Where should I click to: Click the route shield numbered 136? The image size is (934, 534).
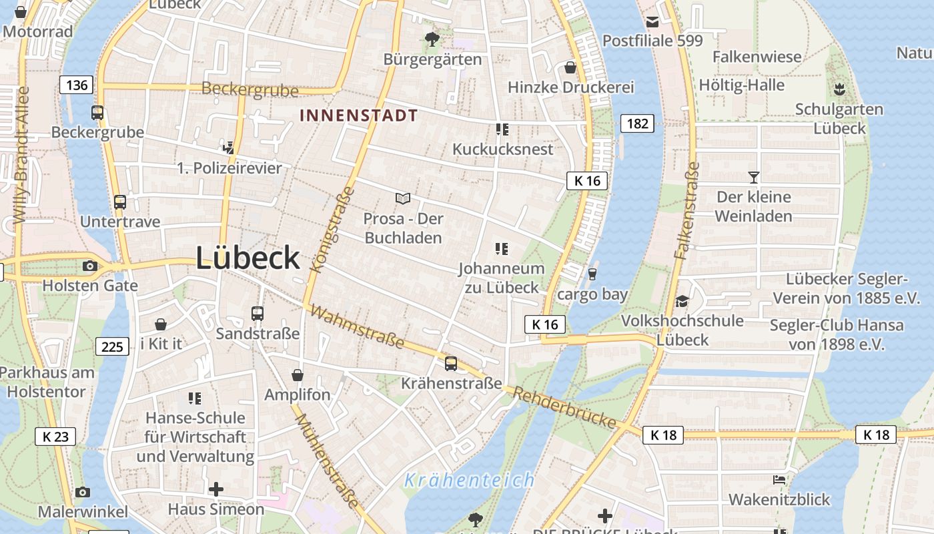(76, 85)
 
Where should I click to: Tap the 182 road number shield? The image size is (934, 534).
(637, 123)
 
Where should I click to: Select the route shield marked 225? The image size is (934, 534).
(112, 346)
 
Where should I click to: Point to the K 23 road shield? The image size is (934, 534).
(55, 437)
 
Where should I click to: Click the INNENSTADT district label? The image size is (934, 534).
(359, 115)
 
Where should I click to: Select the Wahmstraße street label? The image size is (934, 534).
(357, 327)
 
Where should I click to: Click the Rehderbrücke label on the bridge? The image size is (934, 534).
(564, 407)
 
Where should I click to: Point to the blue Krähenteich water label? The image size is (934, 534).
(469, 480)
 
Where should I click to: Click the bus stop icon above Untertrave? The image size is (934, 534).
(120, 202)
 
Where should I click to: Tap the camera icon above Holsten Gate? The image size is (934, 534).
(89, 266)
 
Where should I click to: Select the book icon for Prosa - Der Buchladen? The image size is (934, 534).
(402, 198)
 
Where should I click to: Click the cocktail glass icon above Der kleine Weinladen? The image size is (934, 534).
(753, 178)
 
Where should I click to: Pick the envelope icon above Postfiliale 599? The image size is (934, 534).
(652, 22)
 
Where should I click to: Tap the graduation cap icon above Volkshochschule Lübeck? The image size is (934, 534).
(682, 302)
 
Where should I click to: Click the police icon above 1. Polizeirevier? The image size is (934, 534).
(229, 148)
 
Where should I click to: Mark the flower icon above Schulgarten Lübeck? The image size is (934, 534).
(839, 89)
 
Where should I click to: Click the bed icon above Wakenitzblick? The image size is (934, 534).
(779, 480)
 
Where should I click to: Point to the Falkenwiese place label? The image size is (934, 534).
(757, 57)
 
